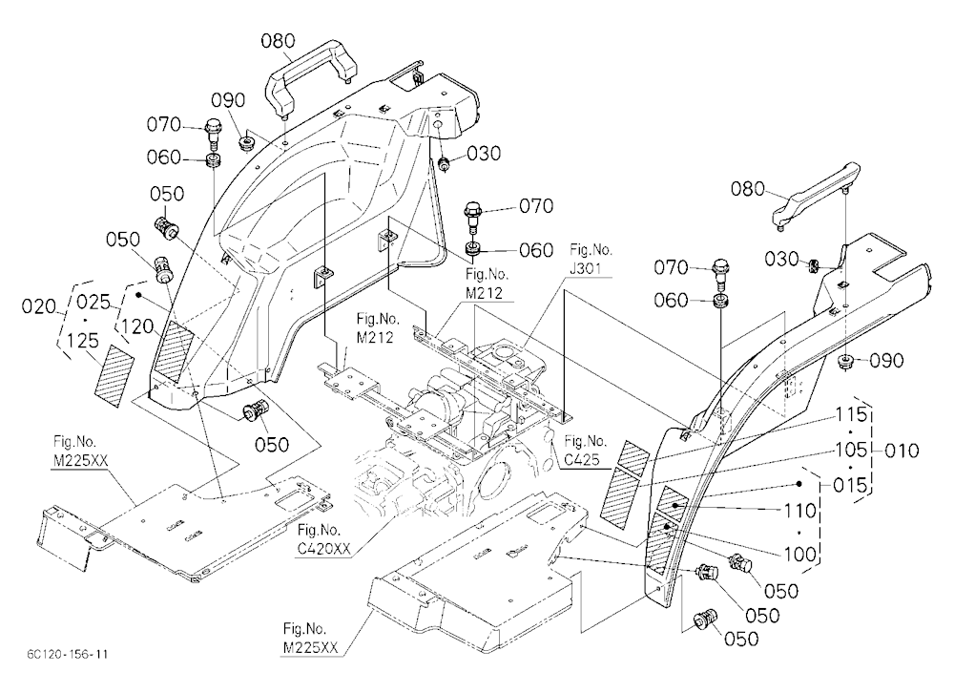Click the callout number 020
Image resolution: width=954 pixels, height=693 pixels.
pyautogui.click(x=39, y=305)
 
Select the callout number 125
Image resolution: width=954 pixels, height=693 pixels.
pyautogui.click(x=83, y=341)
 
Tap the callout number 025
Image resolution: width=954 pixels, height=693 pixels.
pyautogui.click(x=94, y=302)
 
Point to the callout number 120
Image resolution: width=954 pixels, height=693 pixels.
pyautogui.click(x=136, y=326)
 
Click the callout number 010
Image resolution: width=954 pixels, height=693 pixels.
pyautogui.click(x=902, y=451)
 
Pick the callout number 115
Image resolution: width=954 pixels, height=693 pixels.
pyautogui.click(x=851, y=414)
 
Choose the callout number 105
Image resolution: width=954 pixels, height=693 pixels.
pyautogui.click(x=851, y=450)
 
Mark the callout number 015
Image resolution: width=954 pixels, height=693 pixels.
pyautogui.click(x=850, y=485)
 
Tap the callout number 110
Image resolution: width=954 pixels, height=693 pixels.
pyautogui.click(x=799, y=511)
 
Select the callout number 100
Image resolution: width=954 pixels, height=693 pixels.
pyautogui.click(x=799, y=555)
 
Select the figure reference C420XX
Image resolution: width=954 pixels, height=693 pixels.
pyautogui.click(x=324, y=548)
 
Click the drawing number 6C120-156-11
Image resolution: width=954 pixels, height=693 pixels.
pyautogui.click(x=68, y=654)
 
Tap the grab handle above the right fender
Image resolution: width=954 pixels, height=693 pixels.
pyautogui.click(x=817, y=195)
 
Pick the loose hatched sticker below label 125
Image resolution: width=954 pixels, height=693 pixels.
pyautogui.click(x=114, y=376)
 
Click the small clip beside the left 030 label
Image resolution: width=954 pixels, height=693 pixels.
pyautogui.click(x=445, y=163)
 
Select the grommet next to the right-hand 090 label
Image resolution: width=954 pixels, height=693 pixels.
pyautogui.click(x=844, y=363)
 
